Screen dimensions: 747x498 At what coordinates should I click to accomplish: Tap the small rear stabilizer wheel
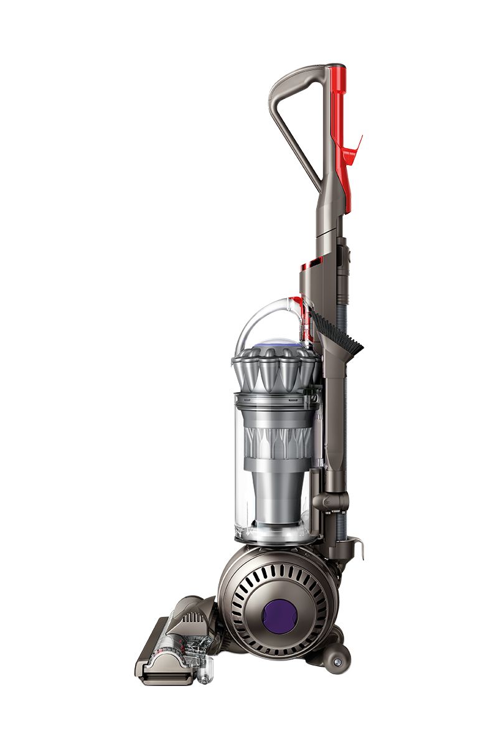coord(337,659)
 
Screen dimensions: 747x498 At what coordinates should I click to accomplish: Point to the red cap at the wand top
coord(336,67)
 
